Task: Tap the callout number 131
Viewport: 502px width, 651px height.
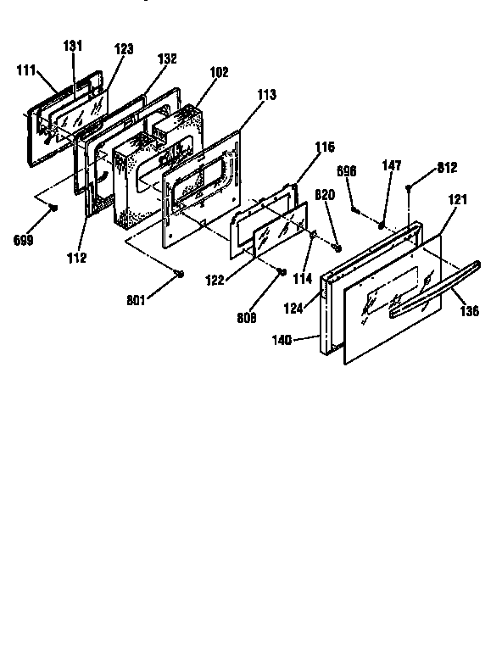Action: pos(72,46)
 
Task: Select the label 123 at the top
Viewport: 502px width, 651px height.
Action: pos(123,50)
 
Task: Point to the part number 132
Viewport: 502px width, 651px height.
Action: pos(167,59)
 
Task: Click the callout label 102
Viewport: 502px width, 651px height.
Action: pos(218,73)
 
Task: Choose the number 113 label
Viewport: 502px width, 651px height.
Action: pos(266,96)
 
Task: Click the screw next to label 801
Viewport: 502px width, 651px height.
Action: pos(181,272)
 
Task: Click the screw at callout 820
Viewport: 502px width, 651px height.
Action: pos(337,248)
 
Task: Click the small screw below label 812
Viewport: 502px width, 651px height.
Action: pos(410,187)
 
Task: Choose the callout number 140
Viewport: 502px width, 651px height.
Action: pos(282,340)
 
